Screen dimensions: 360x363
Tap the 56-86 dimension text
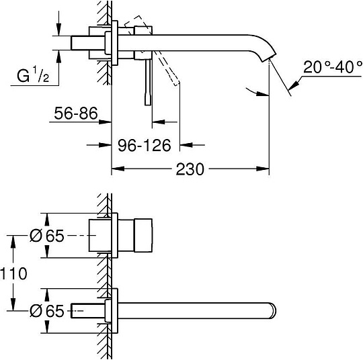(x=72, y=115)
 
